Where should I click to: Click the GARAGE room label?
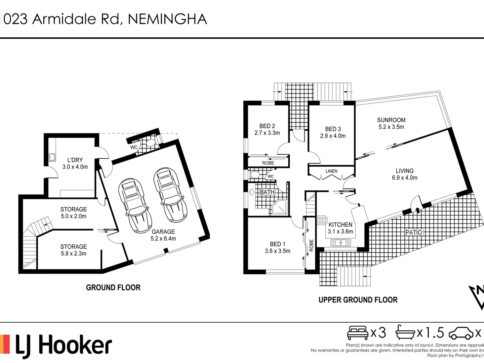[x=163, y=232]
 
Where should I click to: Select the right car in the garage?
[x=170, y=195]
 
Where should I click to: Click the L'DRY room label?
[x=75, y=160]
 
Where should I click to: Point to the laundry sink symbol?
[x=52, y=157]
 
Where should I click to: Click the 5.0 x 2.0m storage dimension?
[x=73, y=216]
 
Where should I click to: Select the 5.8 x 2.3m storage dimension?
[x=73, y=253]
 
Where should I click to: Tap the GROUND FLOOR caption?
[x=113, y=287]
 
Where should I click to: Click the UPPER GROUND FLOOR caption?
[x=358, y=300]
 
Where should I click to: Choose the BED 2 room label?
[x=267, y=126]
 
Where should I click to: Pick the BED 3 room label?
[x=333, y=129]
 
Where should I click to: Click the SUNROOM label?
[x=391, y=120]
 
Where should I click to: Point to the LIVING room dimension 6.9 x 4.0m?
[x=404, y=178]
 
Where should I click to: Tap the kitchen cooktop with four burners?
[x=322, y=220]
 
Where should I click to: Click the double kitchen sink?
[x=341, y=242]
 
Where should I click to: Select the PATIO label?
[x=413, y=232]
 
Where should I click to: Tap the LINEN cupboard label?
[x=331, y=171]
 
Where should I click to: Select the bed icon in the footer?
[x=358, y=333]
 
